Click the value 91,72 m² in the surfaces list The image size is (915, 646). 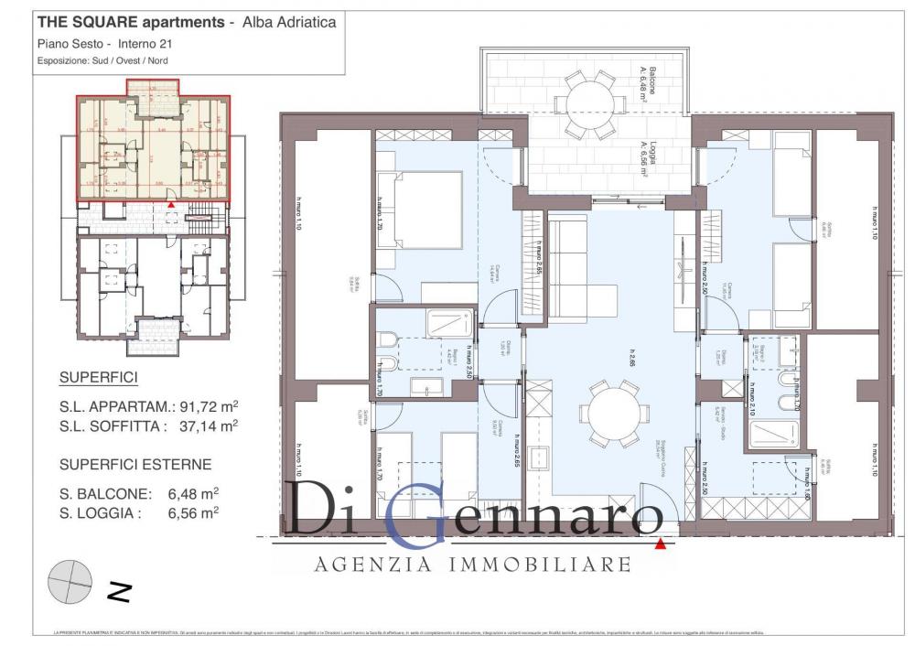[x=213, y=404]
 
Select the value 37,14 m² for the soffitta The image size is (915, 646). [x=213, y=425]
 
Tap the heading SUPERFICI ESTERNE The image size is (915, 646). [x=135, y=464]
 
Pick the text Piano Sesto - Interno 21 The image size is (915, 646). [x=105, y=43]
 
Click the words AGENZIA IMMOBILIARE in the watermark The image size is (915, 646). [x=472, y=564]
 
